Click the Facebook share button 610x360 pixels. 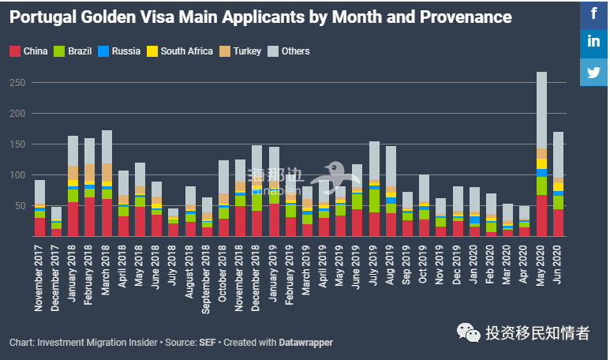click(593, 13)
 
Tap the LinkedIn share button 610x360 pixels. click(593, 43)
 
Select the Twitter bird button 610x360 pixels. click(593, 73)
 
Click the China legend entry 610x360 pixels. click(29, 51)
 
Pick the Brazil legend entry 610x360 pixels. click(73, 51)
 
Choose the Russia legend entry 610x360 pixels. click(119, 51)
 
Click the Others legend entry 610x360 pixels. click(289, 51)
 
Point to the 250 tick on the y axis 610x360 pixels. click(17, 83)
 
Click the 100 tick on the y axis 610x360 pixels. click(17, 175)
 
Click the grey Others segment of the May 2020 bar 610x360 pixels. click(541, 111)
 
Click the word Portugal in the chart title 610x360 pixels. click(40, 17)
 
